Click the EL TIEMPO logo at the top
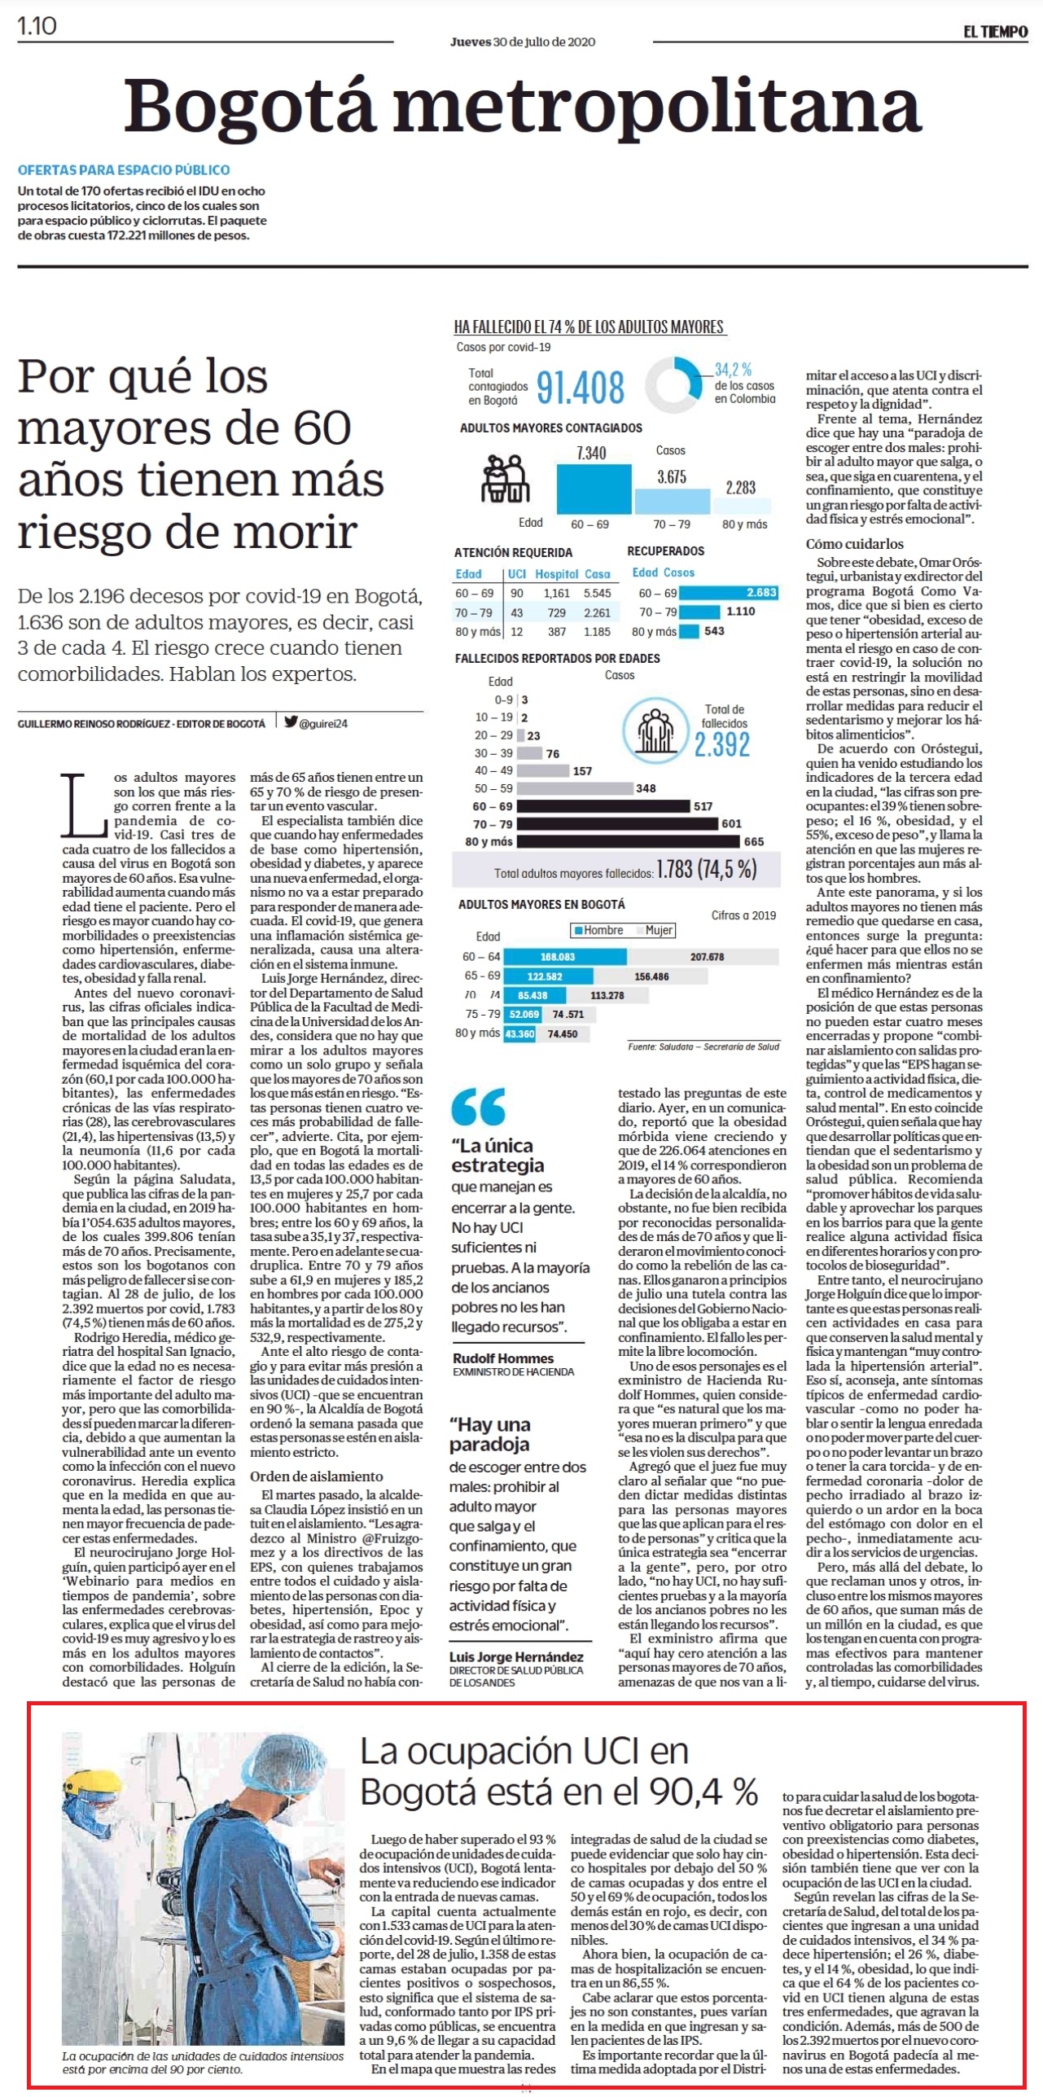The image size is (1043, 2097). [x=996, y=31]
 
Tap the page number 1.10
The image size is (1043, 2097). [x=37, y=26]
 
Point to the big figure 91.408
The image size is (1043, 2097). [x=581, y=388]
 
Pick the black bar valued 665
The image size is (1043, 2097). [x=629, y=841]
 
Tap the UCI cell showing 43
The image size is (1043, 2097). [x=517, y=612]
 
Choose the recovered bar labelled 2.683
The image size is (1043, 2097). [x=729, y=592]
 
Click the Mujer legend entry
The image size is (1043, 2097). [x=655, y=930]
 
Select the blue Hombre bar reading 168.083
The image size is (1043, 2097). [x=565, y=956]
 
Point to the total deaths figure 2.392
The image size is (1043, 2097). [x=722, y=744]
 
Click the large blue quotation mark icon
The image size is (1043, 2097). [x=479, y=1108]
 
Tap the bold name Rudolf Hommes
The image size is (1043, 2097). [x=503, y=1358]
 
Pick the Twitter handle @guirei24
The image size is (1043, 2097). [x=317, y=723]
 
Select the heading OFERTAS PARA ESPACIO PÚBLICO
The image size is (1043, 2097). [x=124, y=170]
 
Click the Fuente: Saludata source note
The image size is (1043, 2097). [x=703, y=1046]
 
